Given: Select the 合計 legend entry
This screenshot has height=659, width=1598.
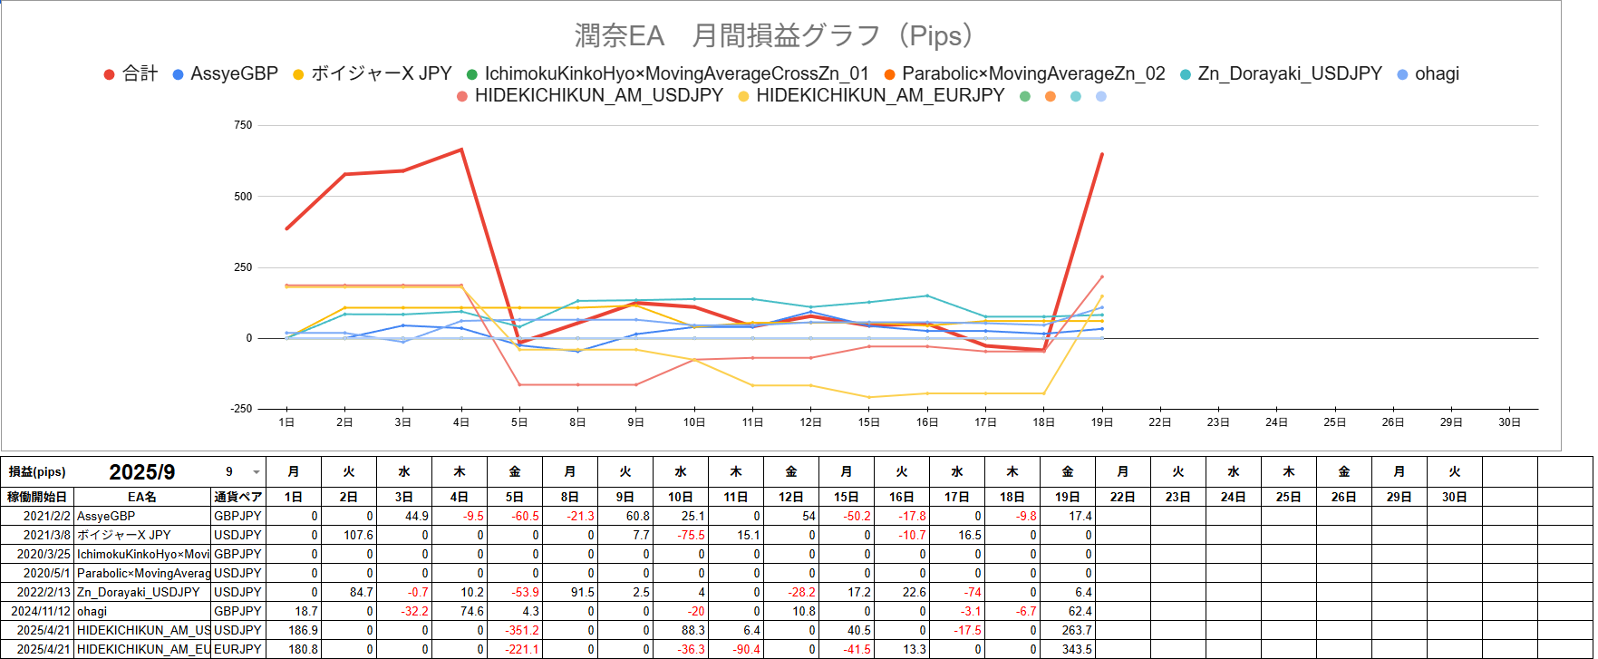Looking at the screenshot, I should click(131, 74).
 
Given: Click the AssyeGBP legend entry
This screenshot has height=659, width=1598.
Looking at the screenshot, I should click(225, 74).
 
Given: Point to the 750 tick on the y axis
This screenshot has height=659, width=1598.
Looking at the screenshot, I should click(243, 125).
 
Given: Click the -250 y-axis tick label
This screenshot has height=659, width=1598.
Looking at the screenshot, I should click(241, 409).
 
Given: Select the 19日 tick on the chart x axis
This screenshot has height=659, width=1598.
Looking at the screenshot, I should click(1101, 422).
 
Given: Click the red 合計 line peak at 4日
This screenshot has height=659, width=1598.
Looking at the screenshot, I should click(461, 150).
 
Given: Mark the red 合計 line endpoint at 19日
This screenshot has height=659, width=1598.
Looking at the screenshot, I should click(1101, 154).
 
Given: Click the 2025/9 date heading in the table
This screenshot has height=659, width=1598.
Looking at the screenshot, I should click(142, 472).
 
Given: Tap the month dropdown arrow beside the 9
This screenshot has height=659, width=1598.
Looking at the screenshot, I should click(256, 472).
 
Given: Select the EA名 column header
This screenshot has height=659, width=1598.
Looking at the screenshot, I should click(142, 497).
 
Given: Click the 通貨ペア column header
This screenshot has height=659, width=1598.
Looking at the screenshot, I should click(238, 497).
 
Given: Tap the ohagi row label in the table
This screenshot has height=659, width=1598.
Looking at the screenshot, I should click(92, 611).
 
